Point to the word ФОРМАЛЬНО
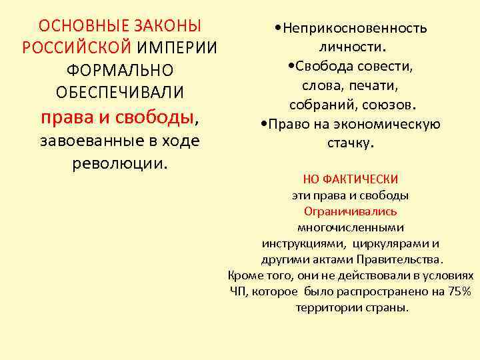[120, 70]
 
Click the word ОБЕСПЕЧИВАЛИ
[120, 92]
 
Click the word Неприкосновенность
[355, 28]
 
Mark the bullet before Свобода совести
[287, 67]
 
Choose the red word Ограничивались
[350, 212]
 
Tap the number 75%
[459, 291]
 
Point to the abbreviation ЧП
[238, 291]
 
